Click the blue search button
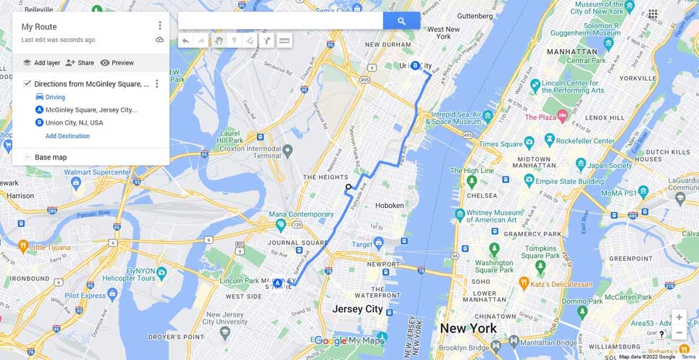tap(401, 21)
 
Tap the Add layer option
tap(41, 63)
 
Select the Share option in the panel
tap(80, 63)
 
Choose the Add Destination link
tap(67, 136)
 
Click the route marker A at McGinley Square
tap(277, 282)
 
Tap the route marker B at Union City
tap(415, 66)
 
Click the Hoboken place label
tap(389, 206)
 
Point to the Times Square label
tap(501, 144)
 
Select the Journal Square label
tap(288, 243)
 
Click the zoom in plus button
tap(679, 317)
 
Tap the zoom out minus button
tap(679, 333)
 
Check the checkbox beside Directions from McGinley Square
tap(27, 84)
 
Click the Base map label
tap(51, 157)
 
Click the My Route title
tap(39, 27)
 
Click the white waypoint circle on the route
tap(348, 187)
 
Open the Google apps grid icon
tap(653, 14)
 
